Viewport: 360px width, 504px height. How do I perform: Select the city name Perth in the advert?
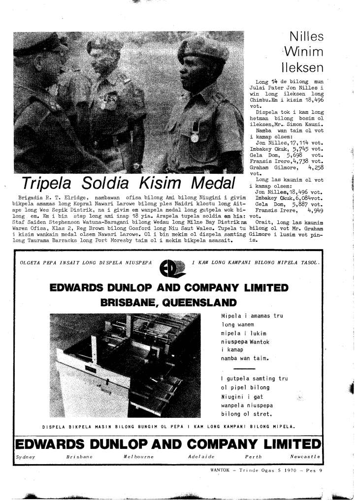click(x=253, y=458)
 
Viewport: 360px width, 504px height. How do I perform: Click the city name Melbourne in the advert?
click(x=139, y=458)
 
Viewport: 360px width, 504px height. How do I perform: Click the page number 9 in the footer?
click(x=320, y=470)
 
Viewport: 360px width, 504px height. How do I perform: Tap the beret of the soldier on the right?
click(x=202, y=47)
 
